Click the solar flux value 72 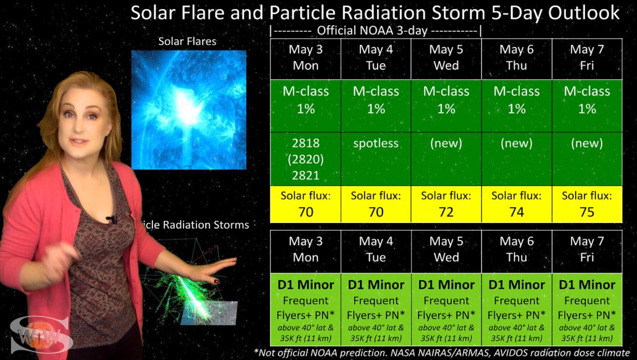tap(446, 212)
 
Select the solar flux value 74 tap(517, 212)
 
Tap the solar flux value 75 tap(587, 212)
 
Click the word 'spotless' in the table tap(376, 143)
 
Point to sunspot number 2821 tap(306, 175)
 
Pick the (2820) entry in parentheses tap(306, 159)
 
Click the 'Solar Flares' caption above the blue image tap(187, 41)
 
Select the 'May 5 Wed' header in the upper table tap(446, 58)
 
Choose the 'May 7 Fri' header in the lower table tap(587, 249)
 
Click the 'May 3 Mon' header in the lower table tap(306, 249)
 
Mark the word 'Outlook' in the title tap(584, 13)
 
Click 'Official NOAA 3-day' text tap(372, 30)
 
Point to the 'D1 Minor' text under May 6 tap(517, 285)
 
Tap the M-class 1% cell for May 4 tap(376, 100)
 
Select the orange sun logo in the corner tap(40, 336)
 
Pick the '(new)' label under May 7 tap(587, 143)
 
